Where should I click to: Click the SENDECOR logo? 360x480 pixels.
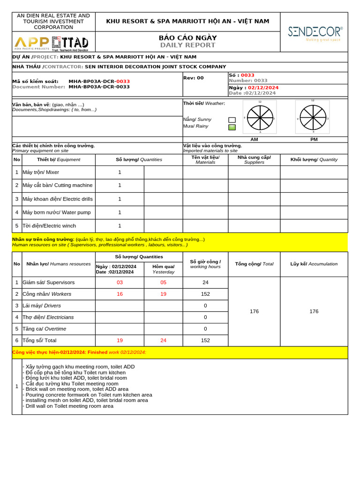coord(315,33)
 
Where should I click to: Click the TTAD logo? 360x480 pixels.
coord(70,43)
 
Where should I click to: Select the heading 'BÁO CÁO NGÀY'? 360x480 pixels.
coord(187,37)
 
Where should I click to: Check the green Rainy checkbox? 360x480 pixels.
coord(232,127)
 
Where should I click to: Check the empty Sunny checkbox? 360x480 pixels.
coord(232,120)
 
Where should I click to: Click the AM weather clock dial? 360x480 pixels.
coord(260,117)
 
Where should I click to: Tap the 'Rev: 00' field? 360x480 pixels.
coord(194,78)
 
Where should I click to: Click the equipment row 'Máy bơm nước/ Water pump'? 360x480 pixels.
coord(57,212)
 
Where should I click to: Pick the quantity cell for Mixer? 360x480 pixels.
coord(120,172)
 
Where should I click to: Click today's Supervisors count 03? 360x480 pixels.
coord(120,283)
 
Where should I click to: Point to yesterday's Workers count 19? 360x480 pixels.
coord(163,294)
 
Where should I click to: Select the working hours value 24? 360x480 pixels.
coord(205,283)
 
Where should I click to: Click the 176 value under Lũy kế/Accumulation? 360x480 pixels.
coord(314,311)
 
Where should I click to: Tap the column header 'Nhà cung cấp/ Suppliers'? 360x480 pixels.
coord(254,159)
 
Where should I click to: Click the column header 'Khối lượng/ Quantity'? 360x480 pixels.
coord(314,159)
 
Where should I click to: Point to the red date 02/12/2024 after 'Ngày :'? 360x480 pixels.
coord(263,88)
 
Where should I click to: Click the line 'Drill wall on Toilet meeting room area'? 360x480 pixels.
coord(69,406)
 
